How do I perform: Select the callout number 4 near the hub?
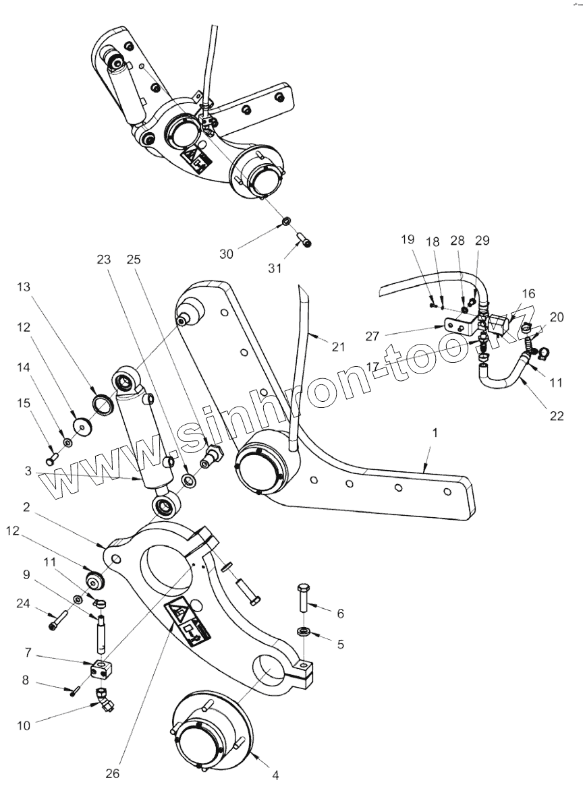pos(275,775)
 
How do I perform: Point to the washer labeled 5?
pos(303,632)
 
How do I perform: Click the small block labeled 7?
pos(101,670)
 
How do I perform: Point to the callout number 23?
pos(103,259)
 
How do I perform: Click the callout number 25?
pos(132,259)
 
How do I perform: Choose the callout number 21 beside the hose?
pos(338,347)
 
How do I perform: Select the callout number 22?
pos(556,415)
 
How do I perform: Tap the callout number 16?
pos(528,293)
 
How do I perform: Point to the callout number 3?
pos(28,471)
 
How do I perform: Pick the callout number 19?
pos(408,240)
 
